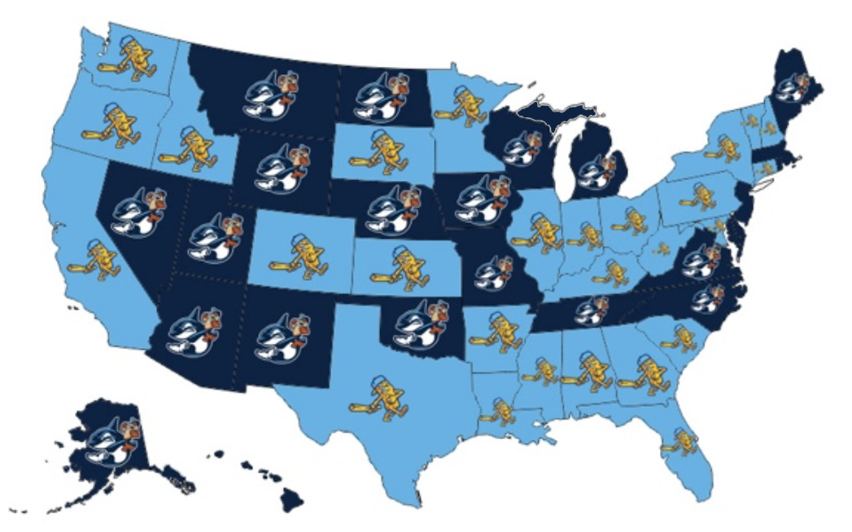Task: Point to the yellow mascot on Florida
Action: (x=681, y=440)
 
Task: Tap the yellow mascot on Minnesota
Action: (x=464, y=103)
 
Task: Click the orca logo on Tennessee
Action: (x=592, y=310)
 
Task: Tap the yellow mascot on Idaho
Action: (x=189, y=147)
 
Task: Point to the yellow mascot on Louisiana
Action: (x=501, y=409)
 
